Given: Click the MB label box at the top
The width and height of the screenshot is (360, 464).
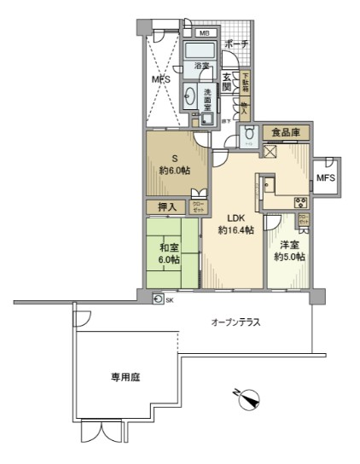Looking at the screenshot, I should coord(204,34).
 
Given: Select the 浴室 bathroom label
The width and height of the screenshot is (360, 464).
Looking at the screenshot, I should coord(202,66).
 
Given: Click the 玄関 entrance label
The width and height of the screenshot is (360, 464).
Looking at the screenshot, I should coord(228,81).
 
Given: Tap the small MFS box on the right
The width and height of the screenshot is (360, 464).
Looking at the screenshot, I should coord(325,178).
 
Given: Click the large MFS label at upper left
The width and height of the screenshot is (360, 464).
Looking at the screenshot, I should coord(161,80).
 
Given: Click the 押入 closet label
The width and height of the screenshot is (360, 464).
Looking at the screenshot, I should coord(166,207).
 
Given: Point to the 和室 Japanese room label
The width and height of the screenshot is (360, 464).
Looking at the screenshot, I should coord(168,248).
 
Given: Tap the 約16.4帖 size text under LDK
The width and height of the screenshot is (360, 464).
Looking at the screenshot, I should coord(235,230).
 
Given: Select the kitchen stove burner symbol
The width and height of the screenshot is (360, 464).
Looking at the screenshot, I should coord(299,201).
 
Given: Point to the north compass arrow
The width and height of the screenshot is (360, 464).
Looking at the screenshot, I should coord(248,397).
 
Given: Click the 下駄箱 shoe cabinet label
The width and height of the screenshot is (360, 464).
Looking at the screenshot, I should coord(245,84).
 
